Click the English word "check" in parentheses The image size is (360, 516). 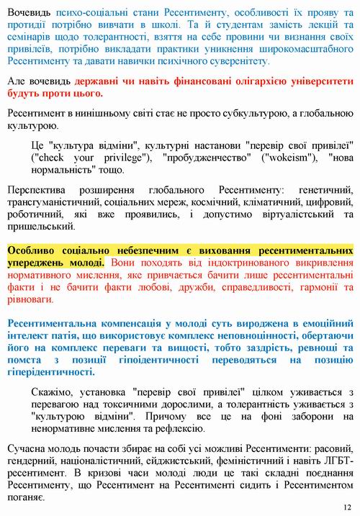coord(52,157)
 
